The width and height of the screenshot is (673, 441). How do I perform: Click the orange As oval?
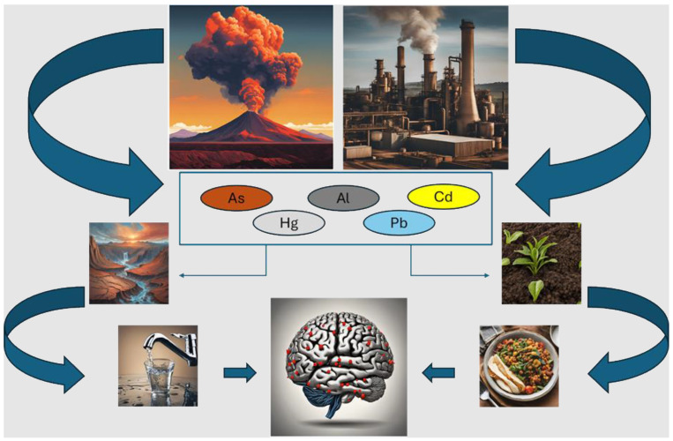tap(236, 198)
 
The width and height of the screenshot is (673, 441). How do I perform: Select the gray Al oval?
tap(343, 198)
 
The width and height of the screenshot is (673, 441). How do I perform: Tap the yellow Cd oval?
tap(443, 197)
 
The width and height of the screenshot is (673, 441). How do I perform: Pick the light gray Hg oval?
tap(288, 223)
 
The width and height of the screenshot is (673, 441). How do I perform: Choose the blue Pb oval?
tap(399, 223)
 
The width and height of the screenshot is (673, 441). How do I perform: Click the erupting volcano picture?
tap(251, 86)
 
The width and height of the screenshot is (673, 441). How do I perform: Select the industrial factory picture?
tap(425, 86)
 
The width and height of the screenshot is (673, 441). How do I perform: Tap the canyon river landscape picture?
tap(129, 263)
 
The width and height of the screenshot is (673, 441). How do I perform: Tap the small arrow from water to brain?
tap(239, 373)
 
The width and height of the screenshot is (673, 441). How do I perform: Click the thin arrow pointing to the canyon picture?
tap(221, 276)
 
